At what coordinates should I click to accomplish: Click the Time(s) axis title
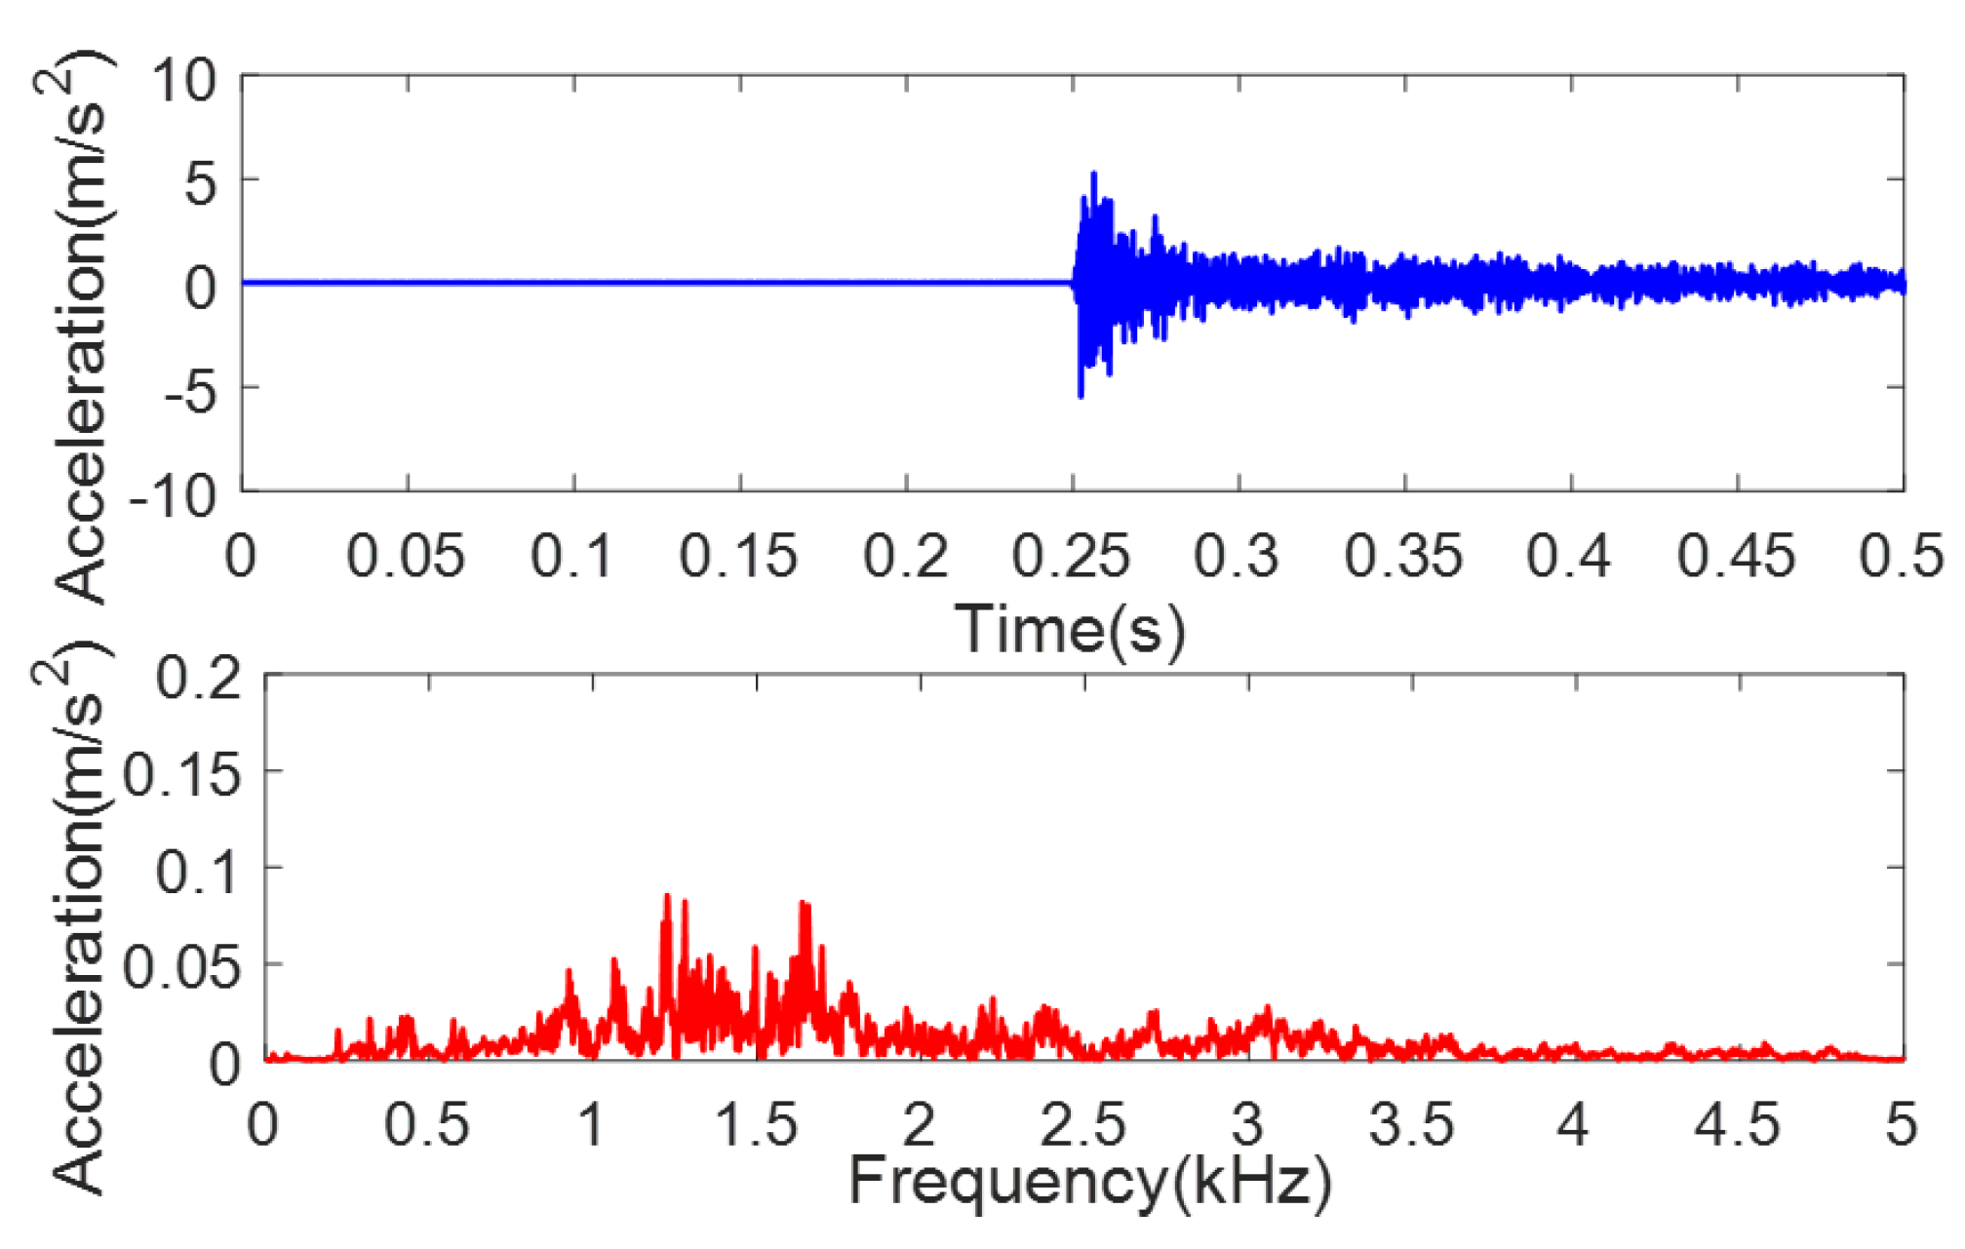[x=1070, y=629]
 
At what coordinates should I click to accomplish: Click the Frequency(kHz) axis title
[x=1089, y=1182]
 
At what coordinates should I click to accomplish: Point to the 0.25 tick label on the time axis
[x=1071, y=557]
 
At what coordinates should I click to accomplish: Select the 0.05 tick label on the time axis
[x=406, y=557]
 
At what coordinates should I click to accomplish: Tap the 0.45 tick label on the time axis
[x=1736, y=557]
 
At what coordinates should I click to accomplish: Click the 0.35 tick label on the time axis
[x=1403, y=557]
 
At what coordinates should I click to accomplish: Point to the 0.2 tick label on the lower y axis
[x=199, y=678]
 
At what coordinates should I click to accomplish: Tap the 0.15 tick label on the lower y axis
[x=182, y=776]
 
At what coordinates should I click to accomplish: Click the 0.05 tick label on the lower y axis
[x=182, y=968]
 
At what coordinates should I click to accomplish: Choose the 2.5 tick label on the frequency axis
[x=1082, y=1124]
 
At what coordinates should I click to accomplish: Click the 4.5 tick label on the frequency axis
[x=1737, y=1124]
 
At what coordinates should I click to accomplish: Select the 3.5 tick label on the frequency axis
[x=1411, y=1124]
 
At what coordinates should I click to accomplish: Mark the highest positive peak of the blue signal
[x=1094, y=174]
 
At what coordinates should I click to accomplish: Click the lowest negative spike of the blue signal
[x=1081, y=396]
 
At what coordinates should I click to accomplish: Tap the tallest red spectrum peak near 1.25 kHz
[x=668, y=896]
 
